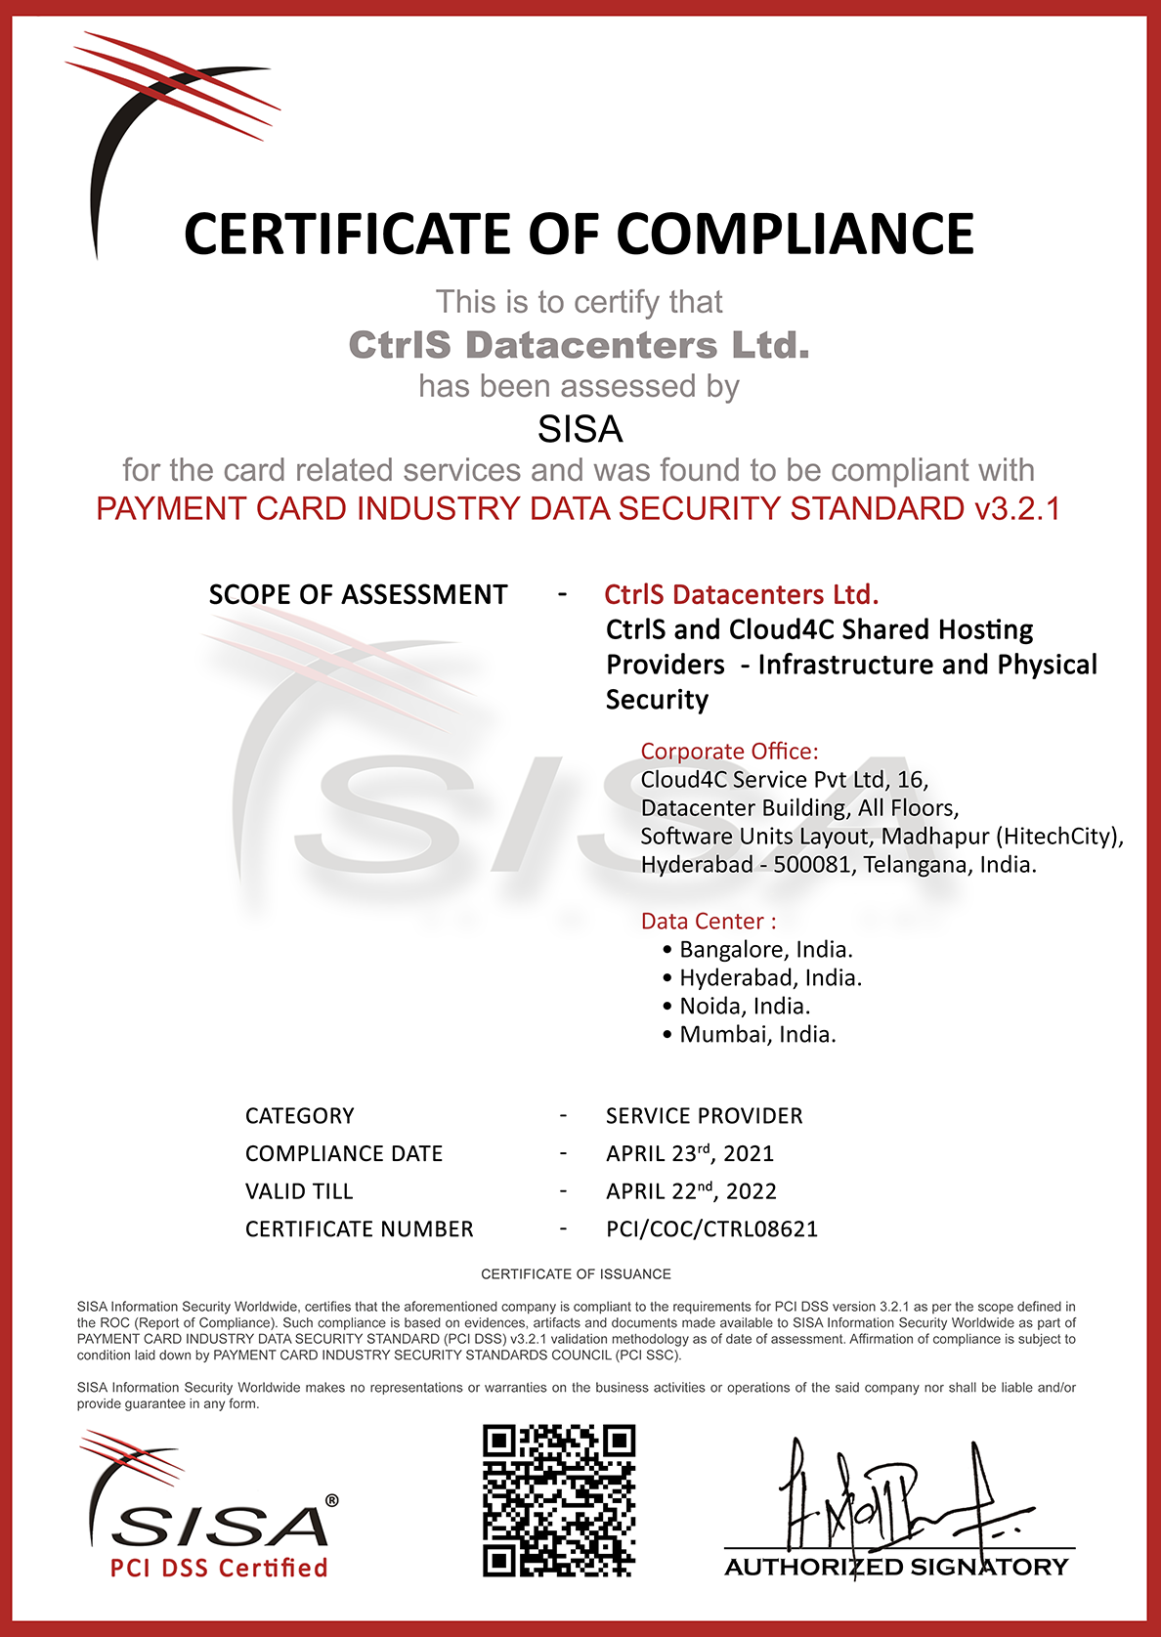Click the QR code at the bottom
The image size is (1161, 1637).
[x=559, y=1500]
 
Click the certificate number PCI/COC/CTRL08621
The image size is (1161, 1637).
[x=711, y=1229]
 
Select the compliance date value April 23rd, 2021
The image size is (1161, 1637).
[x=689, y=1154]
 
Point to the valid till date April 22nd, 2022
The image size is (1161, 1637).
[x=691, y=1191]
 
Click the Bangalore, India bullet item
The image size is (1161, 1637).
[x=765, y=950]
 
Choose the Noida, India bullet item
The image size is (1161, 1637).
[x=745, y=1007]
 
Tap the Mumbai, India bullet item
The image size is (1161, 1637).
[x=757, y=1035]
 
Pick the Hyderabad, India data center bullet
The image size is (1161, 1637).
[x=770, y=978]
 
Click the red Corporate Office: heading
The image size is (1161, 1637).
[x=729, y=752]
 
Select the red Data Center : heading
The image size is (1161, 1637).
[x=709, y=922]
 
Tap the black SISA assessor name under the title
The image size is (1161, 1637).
[x=580, y=429]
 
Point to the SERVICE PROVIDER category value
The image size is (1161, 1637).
[x=704, y=1116]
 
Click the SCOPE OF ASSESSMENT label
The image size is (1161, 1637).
[x=358, y=595]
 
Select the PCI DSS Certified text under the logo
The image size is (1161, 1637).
[x=219, y=1569]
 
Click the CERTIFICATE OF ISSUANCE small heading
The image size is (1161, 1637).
[x=576, y=1274]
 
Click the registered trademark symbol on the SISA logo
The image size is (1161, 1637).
[x=331, y=1500]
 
